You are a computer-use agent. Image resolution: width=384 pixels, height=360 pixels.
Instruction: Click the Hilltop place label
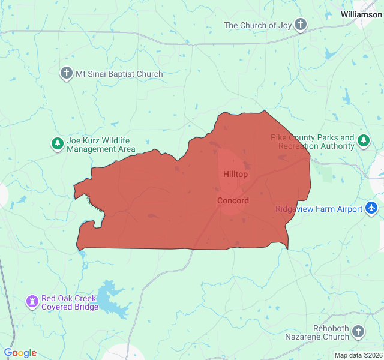(x=235, y=174)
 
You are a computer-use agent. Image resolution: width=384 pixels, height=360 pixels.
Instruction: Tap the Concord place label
(x=233, y=200)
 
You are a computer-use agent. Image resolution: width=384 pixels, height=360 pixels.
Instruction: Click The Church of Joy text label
(x=257, y=25)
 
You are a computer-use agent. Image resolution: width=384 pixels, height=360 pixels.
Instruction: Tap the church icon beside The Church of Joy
(x=301, y=25)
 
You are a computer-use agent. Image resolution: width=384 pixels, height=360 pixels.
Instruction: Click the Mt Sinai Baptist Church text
(x=119, y=74)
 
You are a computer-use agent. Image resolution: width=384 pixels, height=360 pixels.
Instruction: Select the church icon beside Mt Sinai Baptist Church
(x=67, y=74)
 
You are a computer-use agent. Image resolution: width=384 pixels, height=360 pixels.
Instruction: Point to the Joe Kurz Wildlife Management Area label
(x=101, y=145)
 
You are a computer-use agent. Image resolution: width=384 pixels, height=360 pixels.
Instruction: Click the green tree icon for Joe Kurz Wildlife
(x=57, y=144)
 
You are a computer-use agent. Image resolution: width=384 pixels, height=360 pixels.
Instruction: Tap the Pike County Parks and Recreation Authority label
(x=312, y=142)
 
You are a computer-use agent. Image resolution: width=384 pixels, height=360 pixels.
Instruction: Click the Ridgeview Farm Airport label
(x=319, y=209)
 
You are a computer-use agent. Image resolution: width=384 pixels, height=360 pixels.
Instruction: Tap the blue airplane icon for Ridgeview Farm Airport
(x=372, y=208)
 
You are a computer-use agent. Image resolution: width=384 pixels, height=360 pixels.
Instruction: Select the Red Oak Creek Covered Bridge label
(x=70, y=302)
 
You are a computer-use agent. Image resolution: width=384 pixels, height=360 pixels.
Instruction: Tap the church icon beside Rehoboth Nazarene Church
(x=358, y=332)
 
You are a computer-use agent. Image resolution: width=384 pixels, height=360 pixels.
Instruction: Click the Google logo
(x=20, y=353)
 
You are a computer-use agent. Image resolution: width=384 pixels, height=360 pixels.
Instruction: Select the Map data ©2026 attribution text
(x=358, y=355)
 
